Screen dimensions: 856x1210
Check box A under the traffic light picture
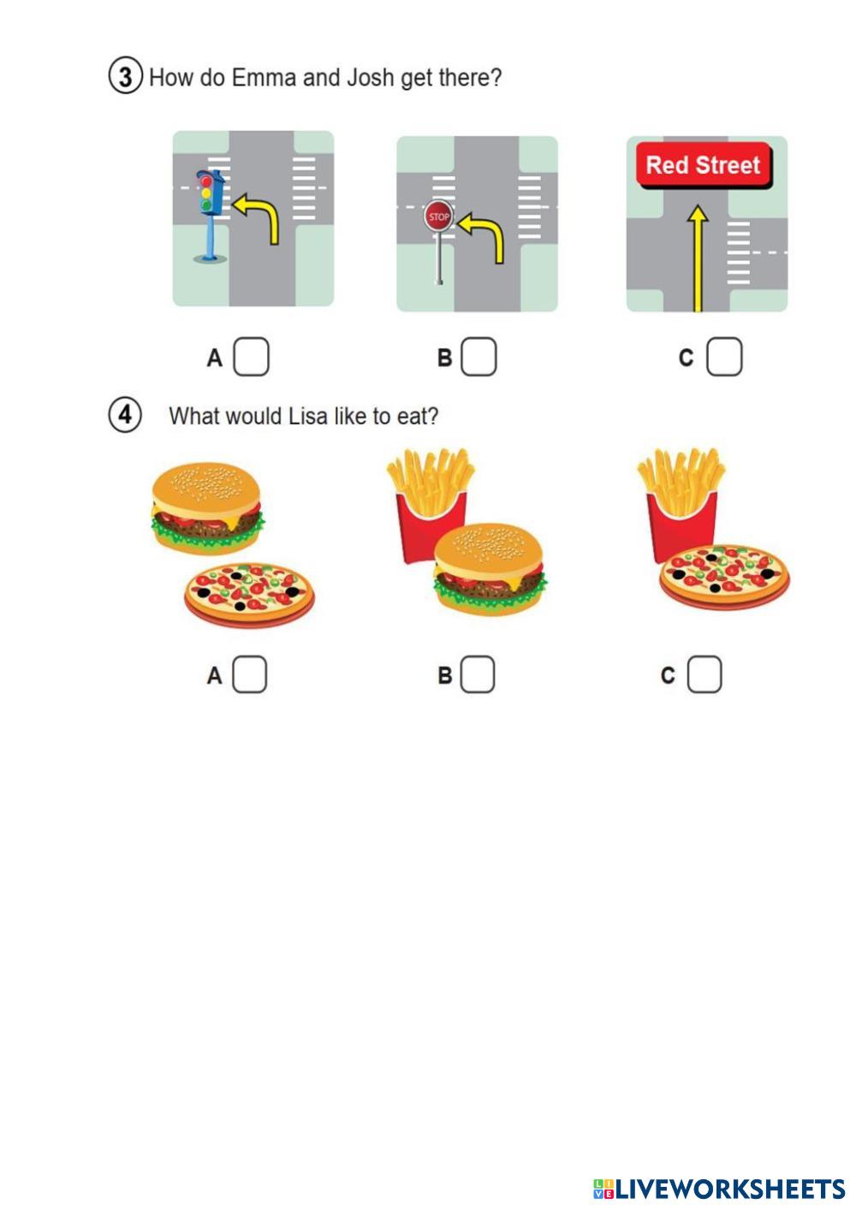pos(251,357)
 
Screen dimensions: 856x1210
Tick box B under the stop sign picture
pos(479,357)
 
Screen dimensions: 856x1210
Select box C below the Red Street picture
pos(723,357)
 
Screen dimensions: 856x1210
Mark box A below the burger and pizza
pos(249,674)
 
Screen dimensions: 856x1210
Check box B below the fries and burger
pos(477,674)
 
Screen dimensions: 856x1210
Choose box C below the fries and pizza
pos(704,674)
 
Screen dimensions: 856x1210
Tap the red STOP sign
pos(438,216)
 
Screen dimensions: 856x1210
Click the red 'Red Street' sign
pos(704,165)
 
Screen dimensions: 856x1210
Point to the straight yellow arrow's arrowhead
pos(698,214)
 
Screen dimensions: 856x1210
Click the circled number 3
pos(125,76)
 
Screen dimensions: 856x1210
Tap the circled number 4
pos(125,415)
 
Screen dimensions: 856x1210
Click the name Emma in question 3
pos(264,78)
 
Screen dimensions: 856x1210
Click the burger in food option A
pos(207,507)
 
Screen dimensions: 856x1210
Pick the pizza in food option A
pos(249,596)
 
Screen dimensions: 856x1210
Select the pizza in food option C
pos(724,577)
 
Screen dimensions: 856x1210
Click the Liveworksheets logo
pos(719,1189)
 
